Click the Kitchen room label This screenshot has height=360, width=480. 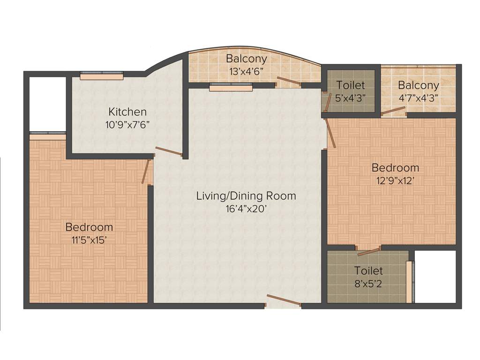[127, 112]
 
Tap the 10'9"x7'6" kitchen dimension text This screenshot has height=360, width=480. [127, 125]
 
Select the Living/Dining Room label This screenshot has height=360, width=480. [246, 195]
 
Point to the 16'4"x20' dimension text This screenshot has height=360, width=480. [246, 209]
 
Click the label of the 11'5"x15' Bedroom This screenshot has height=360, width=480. [89, 227]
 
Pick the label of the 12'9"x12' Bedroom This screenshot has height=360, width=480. [395, 168]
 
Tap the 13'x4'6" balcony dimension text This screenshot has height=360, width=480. [247, 72]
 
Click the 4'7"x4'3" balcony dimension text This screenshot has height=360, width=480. [419, 98]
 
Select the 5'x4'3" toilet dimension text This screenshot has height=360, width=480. [351, 98]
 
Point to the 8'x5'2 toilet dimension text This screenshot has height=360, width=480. [368, 284]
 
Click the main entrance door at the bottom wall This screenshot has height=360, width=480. [284, 300]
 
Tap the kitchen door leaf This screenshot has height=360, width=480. [169, 151]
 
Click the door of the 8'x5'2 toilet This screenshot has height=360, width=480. [368, 252]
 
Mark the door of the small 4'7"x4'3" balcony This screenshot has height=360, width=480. [393, 111]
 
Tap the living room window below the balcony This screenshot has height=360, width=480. [231, 87]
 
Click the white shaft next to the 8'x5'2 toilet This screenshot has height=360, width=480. [435, 277]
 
